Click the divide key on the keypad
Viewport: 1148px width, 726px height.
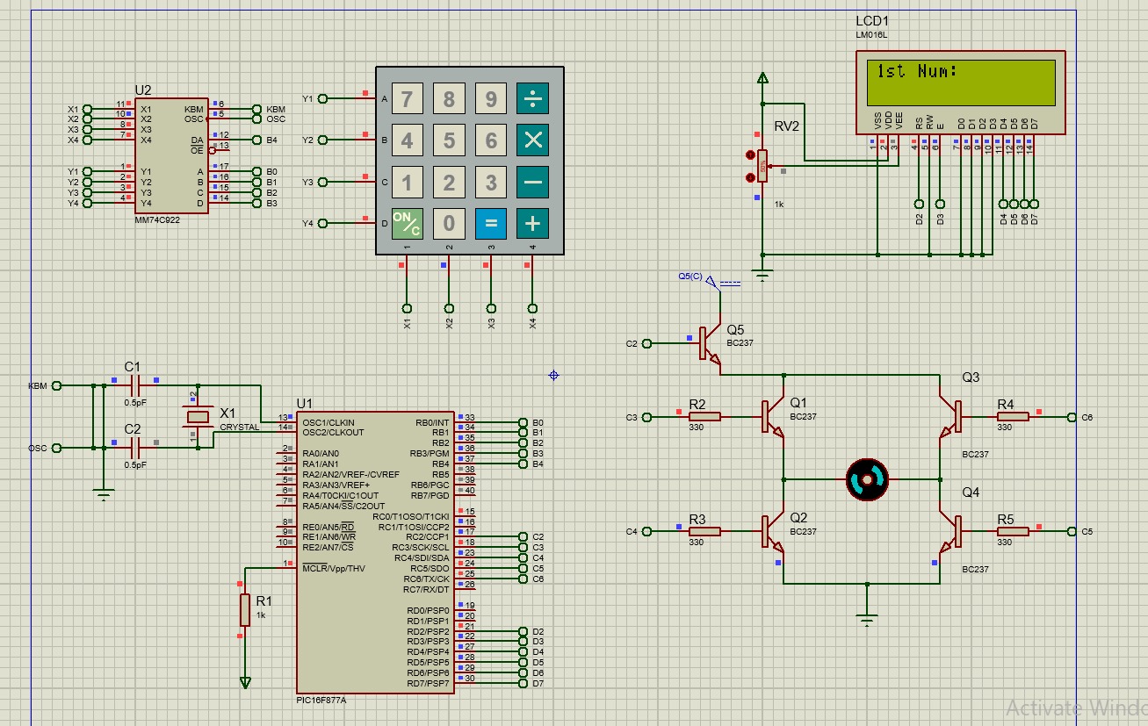tap(532, 99)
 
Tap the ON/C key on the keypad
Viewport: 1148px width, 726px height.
tap(407, 223)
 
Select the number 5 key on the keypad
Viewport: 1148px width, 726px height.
tap(449, 140)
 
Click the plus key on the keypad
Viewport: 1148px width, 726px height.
tap(532, 223)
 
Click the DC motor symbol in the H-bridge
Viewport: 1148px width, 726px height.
tap(867, 479)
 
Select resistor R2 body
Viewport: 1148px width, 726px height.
tap(704, 417)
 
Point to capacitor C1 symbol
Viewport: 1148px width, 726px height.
tap(134, 385)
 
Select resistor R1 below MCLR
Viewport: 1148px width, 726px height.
tap(244, 609)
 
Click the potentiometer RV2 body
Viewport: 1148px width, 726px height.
tap(762, 165)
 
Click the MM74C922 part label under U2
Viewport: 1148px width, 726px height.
tap(157, 219)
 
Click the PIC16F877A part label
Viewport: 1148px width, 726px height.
tap(321, 701)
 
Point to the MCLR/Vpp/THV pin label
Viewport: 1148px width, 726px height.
tap(334, 568)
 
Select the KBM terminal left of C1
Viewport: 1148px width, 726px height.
tap(57, 385)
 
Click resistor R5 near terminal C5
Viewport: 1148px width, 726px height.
tap(1013, 531)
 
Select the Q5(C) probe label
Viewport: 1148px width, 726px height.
tap(690, 276)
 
